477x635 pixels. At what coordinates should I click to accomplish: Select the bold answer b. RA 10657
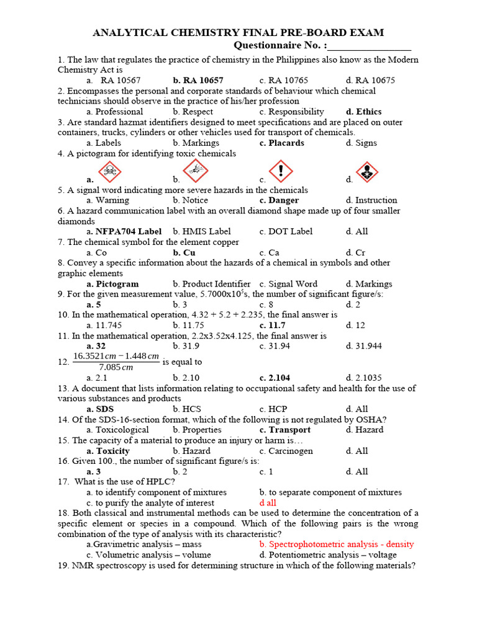[198, 81]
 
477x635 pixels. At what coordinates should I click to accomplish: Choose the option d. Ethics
[364, 112]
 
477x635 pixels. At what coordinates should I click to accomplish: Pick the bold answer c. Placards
[282, 143]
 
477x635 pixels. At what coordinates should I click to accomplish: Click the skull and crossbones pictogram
[110, 171]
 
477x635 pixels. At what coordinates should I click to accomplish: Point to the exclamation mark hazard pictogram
[281, 171]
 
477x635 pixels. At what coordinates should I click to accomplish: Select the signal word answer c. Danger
[279, 200]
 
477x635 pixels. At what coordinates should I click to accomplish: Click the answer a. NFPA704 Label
[124, 231]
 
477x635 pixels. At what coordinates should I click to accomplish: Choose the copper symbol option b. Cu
[184, 252]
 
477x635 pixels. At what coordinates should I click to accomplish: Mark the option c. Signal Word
[288, 284]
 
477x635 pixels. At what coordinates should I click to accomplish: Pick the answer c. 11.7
[273, 326]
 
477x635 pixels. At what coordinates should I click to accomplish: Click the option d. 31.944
[364, 346]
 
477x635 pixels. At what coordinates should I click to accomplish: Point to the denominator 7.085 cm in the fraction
[116, 367]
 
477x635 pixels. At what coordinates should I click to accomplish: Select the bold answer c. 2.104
[275, 378]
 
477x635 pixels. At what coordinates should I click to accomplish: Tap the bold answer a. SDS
[100, 409]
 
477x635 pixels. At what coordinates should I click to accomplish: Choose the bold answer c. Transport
[285, 430]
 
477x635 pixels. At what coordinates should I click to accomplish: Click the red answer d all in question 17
[268, 503]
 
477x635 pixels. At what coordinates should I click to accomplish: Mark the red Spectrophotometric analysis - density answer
[337, 544]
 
